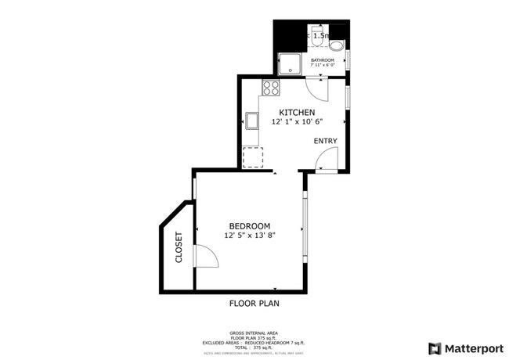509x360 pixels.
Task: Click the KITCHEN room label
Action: click(298, 112)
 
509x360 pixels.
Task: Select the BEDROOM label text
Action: click(249, 225)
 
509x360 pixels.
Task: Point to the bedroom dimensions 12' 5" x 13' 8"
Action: click(249, 235)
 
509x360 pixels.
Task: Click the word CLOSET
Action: click(179, 247)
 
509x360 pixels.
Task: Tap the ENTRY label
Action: click(325, 141)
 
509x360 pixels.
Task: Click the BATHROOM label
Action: click(322, 60)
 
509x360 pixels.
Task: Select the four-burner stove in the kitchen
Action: click(271, 88)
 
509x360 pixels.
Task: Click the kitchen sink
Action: click(253, 121)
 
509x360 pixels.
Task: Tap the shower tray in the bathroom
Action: click(291, 62)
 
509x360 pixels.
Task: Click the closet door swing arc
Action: click(203, 256)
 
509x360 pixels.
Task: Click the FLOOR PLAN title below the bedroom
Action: click(254, 303)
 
